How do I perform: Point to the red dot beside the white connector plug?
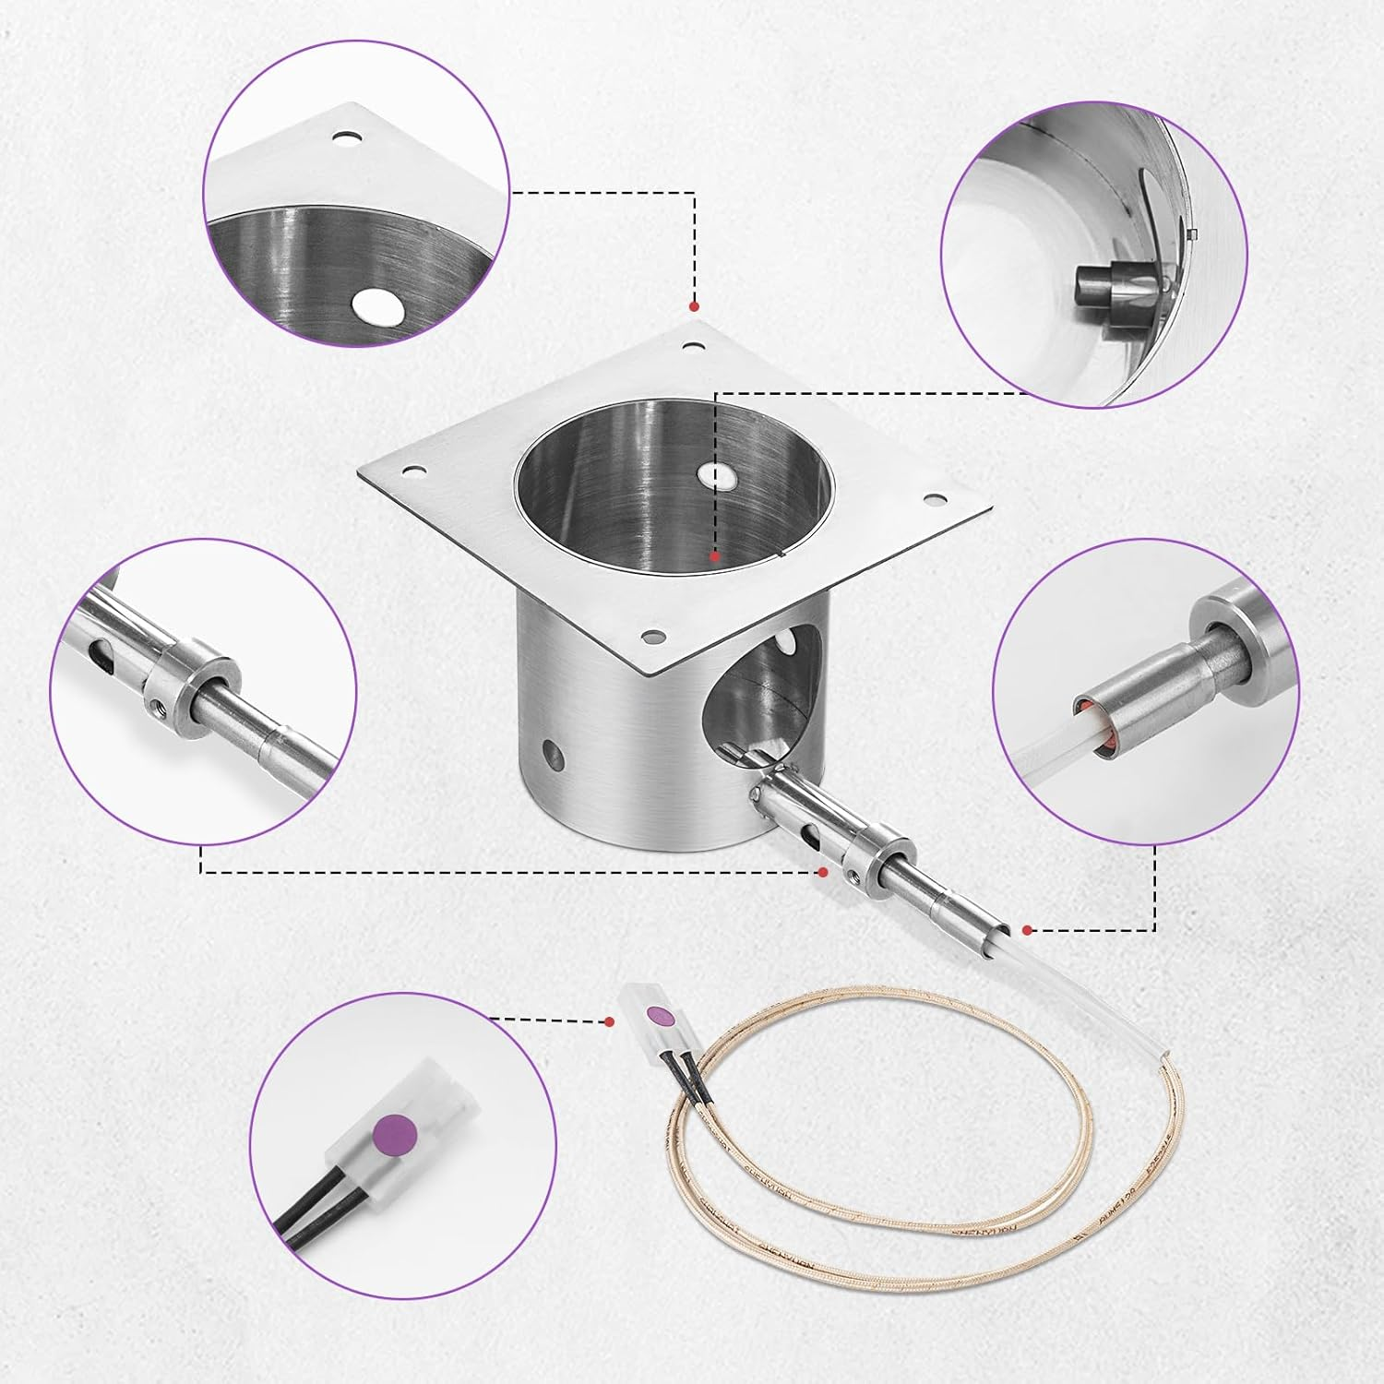(x=609, y=1021)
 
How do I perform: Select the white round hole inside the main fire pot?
(x=715, y=476)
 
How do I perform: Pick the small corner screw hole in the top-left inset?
(x=346, y=139)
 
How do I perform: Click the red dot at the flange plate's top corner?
(x=694, y=305)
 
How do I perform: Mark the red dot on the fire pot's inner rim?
(x=714, y=556)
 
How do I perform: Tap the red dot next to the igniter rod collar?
(x=823, y=870)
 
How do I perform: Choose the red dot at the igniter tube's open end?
(x=1026, y=929)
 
